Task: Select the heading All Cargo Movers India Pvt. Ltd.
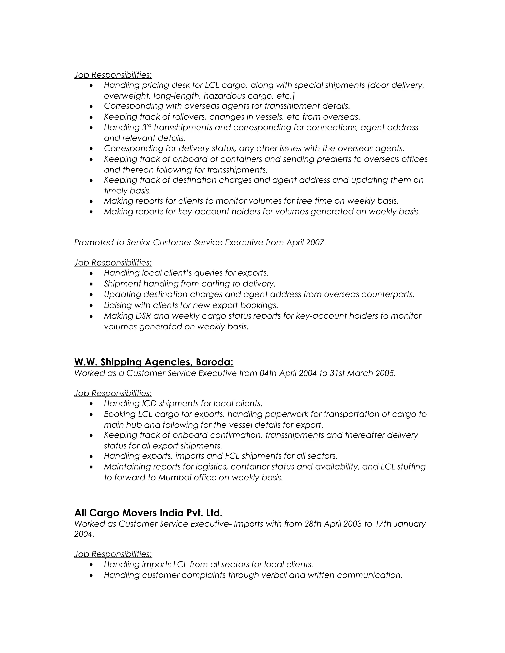point(148,513)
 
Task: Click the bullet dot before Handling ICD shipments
point(91,404)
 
